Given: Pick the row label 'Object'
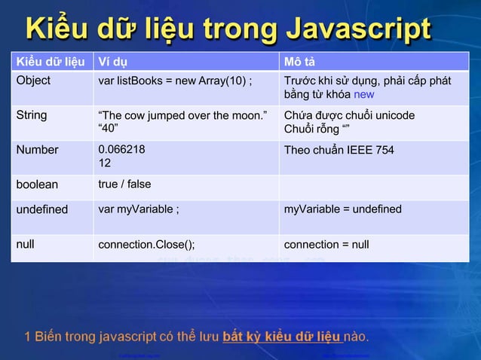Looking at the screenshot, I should (x=34, y=81).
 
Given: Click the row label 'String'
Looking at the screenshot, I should (x=32, y=115).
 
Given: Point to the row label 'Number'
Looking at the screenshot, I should (x=37, y=150).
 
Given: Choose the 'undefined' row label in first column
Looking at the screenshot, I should (x=42, y=209).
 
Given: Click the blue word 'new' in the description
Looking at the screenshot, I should (x=364, y=95).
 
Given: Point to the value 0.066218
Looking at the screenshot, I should (x=122, y=150).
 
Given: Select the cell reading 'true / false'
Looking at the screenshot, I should (x=124, y=185).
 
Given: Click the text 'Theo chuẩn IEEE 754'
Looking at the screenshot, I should (x=339, y=150).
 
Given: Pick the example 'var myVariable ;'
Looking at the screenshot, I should (x=139, y=209).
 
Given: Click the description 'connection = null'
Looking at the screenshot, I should (x=326, y=244).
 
